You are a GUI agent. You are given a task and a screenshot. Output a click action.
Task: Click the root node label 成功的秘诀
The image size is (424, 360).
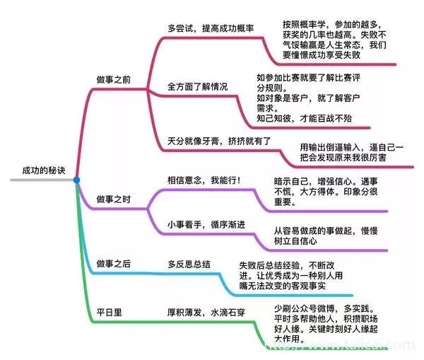click(x=42, y=170)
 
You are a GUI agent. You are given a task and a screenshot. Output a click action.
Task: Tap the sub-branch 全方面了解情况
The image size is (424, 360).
click(x=198, y=86)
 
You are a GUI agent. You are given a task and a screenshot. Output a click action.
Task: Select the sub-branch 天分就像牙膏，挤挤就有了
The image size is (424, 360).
click(x=220, y=140)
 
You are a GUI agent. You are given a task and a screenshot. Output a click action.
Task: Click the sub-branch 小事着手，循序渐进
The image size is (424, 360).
click(x=206, y=226)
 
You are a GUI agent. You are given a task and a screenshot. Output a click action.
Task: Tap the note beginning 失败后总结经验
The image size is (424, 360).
click(x=295, y=275)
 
